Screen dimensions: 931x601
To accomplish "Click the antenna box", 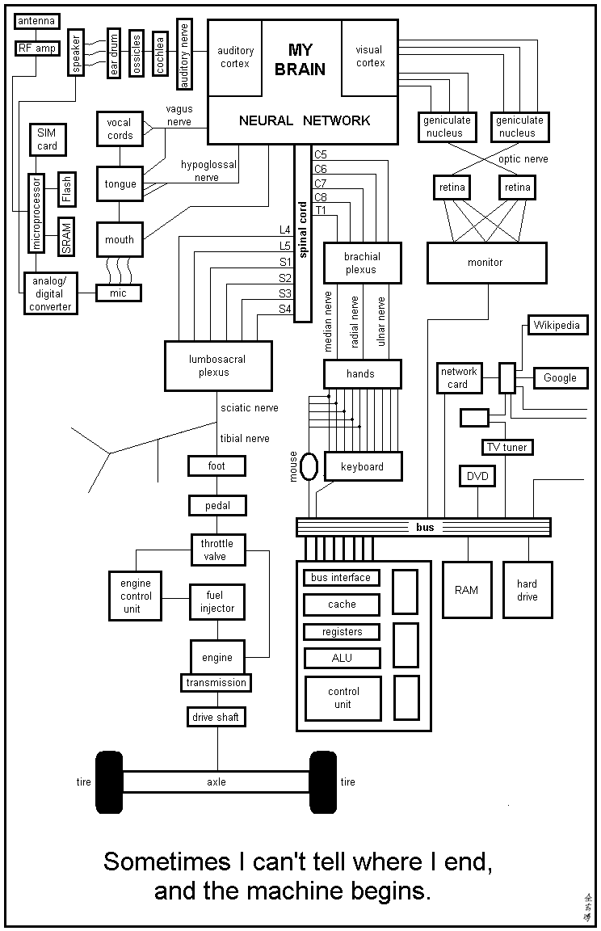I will (x=36, y=21).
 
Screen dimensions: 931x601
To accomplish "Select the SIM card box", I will (x=47, y=139).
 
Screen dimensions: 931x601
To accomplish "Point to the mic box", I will (x=118, y=293).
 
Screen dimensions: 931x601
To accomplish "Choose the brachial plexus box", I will (x=361, y=263).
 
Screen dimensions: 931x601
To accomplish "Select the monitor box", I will (x=485, y=263).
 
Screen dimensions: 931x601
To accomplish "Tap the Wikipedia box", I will (x=557, y=326).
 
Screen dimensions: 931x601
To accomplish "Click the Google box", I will (x=560, y=377).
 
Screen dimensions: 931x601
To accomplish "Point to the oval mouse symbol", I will (x=308, y=466).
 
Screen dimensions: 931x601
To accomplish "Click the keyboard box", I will (x=362, y=467).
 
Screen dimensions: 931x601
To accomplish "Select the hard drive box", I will (x=527, y=590).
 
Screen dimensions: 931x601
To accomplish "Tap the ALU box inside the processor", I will (x=342, y=658).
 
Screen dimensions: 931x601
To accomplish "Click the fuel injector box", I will (x=216, y=602).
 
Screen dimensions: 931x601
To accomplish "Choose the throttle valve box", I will (x=216, y=550).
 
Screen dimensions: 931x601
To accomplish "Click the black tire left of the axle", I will (x=108, y=781).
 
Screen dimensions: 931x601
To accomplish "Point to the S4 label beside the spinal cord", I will (x=285, y=309).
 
